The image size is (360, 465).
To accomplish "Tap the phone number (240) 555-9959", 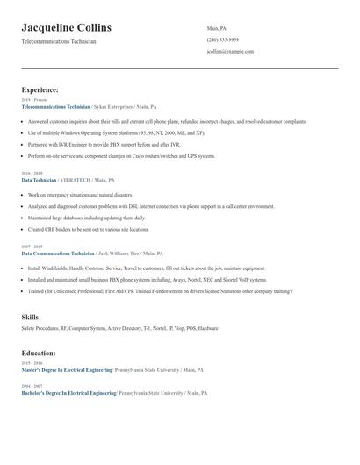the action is (x=222, y=39).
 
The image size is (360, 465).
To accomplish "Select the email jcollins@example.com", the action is (x=230, y=51).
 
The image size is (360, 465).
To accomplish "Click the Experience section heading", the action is (x=40, y=89).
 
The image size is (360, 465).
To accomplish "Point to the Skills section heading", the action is (x=30, y=316).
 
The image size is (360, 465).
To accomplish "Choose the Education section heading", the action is (x=39, y=353).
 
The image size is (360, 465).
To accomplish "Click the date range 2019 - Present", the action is (x=35, y=100).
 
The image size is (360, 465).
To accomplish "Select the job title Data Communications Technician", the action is (x=57, y=252).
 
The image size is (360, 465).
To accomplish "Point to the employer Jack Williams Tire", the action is (x=119, y=252).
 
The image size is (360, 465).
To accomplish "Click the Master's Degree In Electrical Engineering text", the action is (x=68, y=370).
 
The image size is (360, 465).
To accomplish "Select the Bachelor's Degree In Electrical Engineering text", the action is (x=68, y=393).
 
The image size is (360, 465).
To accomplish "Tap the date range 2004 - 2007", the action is (x=32, y=386).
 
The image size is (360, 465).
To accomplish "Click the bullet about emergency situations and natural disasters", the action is (x=80, y=195).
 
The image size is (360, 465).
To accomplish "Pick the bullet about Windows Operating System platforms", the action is (x=115, y=132).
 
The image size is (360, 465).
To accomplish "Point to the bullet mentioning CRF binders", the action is (x=88, y=229).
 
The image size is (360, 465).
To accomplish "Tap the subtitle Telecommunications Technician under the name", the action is (x=59, y=41).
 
